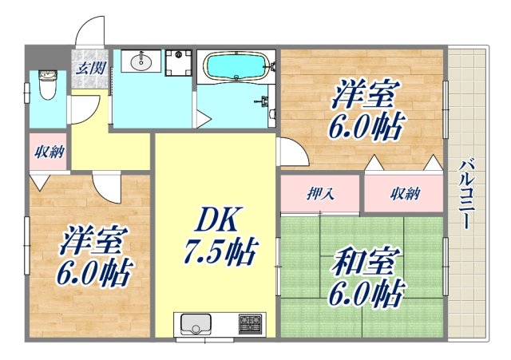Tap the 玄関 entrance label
(x=87, y=67)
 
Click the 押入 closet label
(x=320, y=193)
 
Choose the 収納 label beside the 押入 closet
(x=404, y=193)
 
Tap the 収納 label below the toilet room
(x=50, y=151)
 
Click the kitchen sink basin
(x=195, y=325)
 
